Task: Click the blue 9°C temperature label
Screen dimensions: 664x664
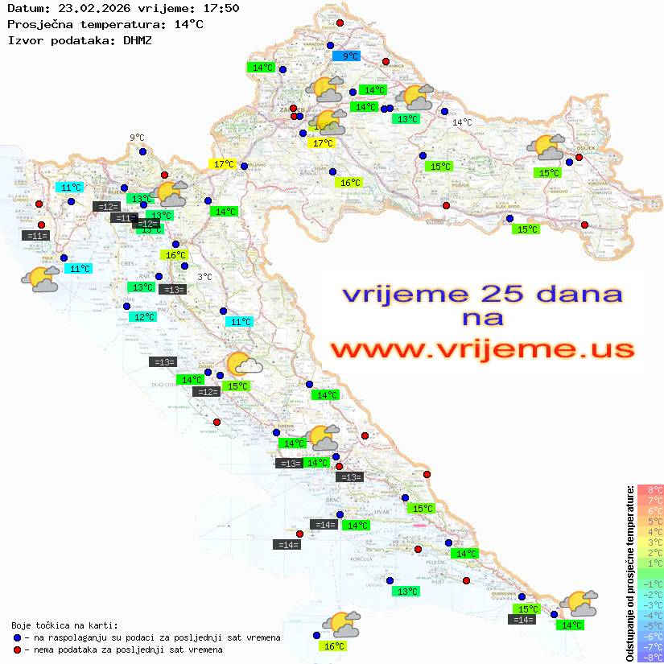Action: tap(346, 56)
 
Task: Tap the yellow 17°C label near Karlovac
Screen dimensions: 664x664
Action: tap(223, 164)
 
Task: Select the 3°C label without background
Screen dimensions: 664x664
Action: tap(204, 277)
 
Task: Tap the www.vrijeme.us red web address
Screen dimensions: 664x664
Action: tap(481, 350)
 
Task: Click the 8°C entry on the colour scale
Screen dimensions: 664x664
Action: tap(650, 489)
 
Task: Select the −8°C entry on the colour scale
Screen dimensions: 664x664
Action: tap(650, 657)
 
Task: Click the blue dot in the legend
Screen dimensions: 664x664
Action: tap(18, 637)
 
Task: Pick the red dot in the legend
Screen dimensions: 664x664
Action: tap(18, 649)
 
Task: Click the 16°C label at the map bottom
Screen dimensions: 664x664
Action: tap(334, 646)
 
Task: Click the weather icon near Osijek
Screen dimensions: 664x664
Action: tap(546, 148)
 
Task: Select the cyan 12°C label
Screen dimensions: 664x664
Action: tap(144, 317)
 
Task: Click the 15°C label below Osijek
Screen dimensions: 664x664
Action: tap(550, 173)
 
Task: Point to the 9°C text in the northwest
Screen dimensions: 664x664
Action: tap(137, 138)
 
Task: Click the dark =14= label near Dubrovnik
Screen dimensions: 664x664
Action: tap(522, 620)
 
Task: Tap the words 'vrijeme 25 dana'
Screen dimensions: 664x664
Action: tap(481, 294)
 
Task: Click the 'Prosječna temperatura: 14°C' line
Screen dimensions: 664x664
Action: tap(105, 24)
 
